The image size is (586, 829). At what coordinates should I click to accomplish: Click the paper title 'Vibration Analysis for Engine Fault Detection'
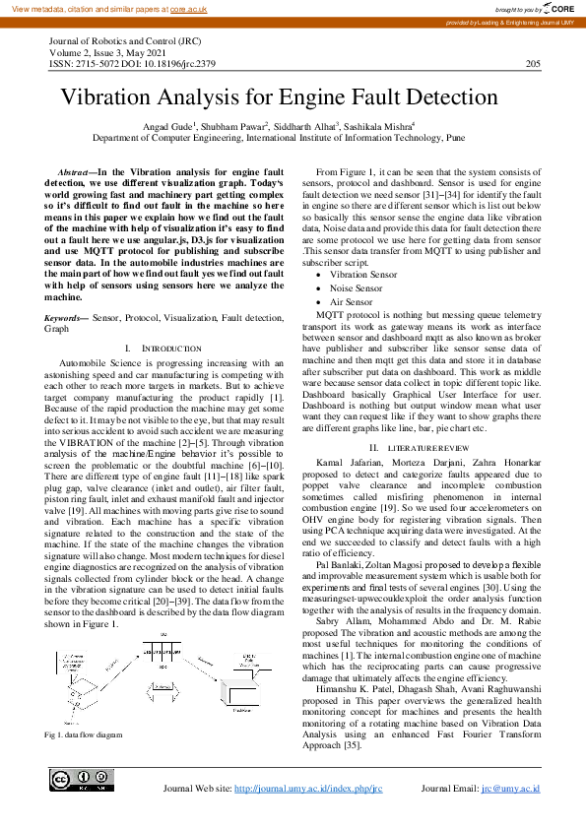click(x=281, y=97)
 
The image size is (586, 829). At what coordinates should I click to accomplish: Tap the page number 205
click(x=533, y=64)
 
